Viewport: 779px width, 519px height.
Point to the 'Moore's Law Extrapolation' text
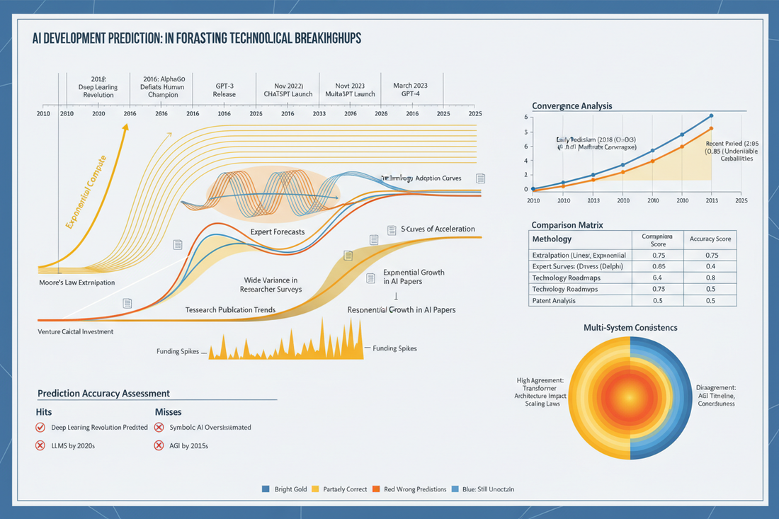pos(77,283)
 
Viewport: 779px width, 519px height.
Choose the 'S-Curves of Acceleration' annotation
pos(438,229)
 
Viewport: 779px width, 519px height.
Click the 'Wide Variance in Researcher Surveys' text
pos(271,285)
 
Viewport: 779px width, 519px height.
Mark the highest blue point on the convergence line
pos(711,115)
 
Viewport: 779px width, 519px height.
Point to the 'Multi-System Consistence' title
pos(630,328)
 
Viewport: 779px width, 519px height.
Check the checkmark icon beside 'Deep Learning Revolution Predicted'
pos(40,427)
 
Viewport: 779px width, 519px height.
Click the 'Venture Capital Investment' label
pos(77,331)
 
